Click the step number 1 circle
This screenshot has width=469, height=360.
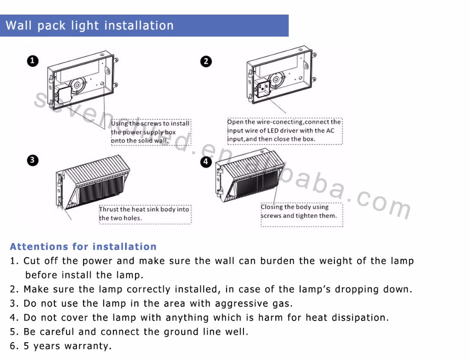pyautogui.click(x=32, y=61)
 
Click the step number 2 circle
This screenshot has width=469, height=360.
pyautogui.click(x=205, y=61)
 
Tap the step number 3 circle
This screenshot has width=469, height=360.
pyautogui.click(x=32, y=160)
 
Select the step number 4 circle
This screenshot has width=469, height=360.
pyautogui.click(x=205, y=161)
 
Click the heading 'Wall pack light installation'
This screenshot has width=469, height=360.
pyautogui.click(x=90, y=25)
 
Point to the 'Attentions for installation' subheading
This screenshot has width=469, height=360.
pyautogui.click(x=83, y=247)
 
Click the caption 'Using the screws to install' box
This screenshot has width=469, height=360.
pyautogui.click(x=150, y=132)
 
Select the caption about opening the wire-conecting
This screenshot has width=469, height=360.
pyautogui.click(x=284, y=130)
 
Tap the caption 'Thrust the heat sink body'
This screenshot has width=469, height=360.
pyautogui.click(x=144, y=214)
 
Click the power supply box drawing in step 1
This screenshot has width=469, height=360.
pyautogui.click(x=82, y=75)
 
